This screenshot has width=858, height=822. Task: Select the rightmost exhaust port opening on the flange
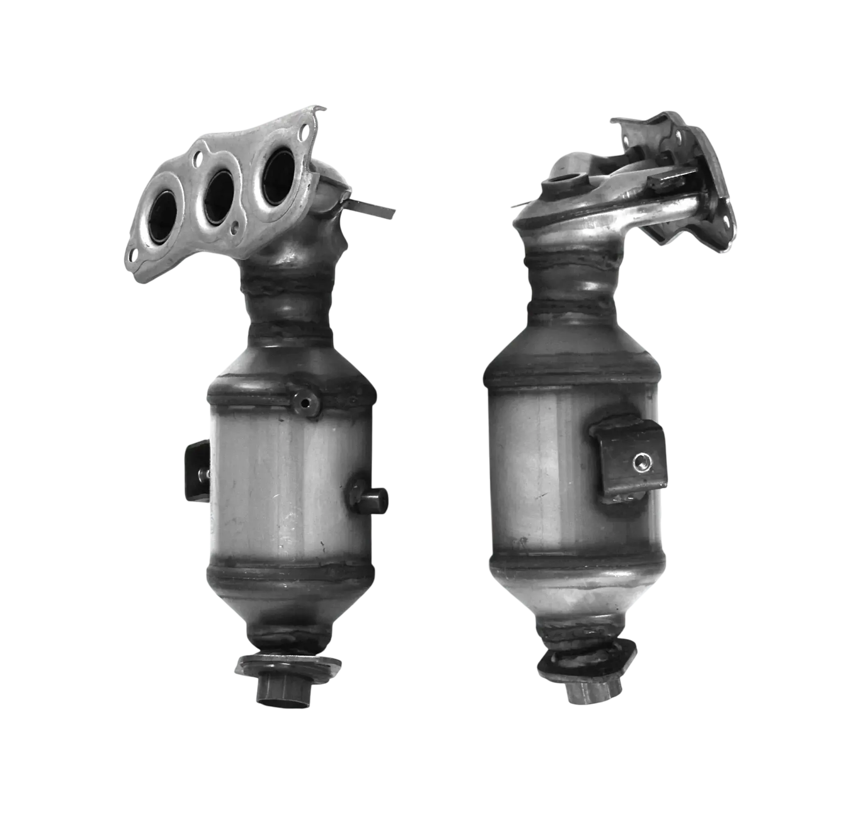tap(279, 177)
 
